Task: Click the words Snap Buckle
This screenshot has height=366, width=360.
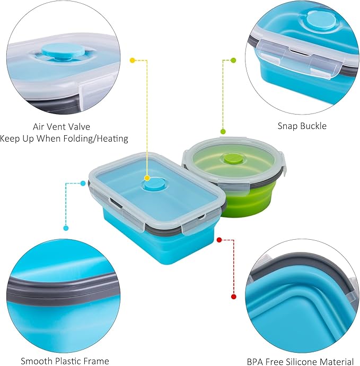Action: click(x=302, y=126)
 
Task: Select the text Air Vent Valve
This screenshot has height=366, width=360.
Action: click(x=62, y=127)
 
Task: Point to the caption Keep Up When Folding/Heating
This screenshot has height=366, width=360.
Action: click(x=64, y=138)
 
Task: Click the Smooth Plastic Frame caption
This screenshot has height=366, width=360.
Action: click(x=65, y=361)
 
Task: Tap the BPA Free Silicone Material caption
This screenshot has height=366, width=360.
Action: click(x=300, y=362)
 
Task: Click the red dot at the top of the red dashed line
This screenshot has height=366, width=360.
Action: click(x=219, y=240)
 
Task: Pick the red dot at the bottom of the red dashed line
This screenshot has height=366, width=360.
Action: click(x=233, y=297)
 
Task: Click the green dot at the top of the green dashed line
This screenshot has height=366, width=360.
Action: click(x=233, y=60)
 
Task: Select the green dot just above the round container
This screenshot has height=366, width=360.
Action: click(x=223, y=132)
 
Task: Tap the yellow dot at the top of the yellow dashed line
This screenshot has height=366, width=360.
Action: click(x=133, y=60)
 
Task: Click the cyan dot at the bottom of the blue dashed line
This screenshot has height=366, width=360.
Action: click(x=66, y=228)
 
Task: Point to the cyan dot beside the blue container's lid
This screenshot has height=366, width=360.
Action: click(x=83, y=184)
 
